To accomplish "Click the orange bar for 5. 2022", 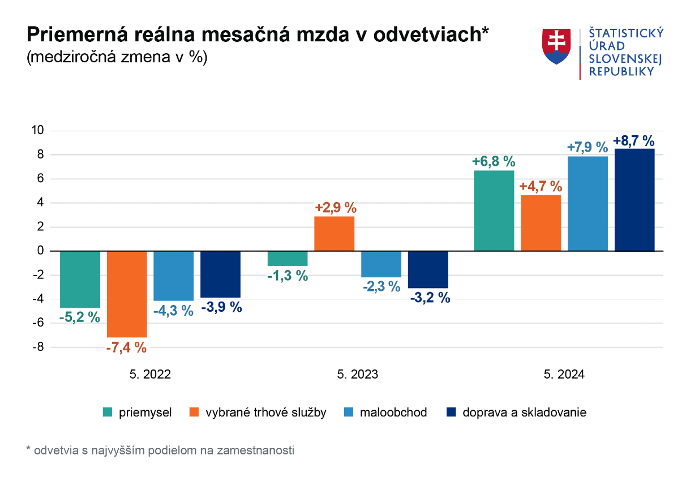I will click(x=127, y=294).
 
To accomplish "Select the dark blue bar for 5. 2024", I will click(x=635, y=200).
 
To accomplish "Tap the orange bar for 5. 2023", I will click(x=334, y=233).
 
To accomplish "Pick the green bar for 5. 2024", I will click(x=494, y=211).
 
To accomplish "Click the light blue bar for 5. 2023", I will click(x=381, y=264).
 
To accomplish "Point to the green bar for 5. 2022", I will click(x=80, y=279).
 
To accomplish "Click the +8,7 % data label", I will click(x=634, y=140).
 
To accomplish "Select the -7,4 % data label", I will click(x=126, y=347).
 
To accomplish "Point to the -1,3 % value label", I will click(x=288, y=276).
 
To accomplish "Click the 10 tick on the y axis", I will click(x=38, y=131).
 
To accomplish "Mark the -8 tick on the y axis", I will click(x=38, y=347).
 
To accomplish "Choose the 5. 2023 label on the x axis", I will click(x=358, y=375).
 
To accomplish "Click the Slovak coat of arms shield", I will click(x=556, y=46).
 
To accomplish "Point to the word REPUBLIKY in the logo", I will click(x=622, y=71).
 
